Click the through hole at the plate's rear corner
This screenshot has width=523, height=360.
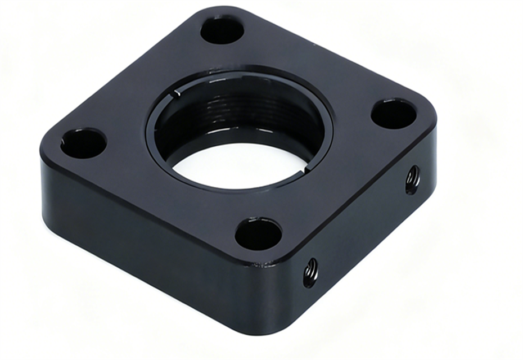pyautogui.click(x=222, y=30)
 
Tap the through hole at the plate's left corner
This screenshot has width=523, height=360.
pyautogui.click(x=83, y=143)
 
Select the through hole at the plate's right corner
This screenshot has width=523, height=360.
pyautogui.click(x=394, y=114)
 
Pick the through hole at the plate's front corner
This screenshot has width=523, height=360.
pyautogui.click(x=258, y=234)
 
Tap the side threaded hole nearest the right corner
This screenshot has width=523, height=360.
pyautogui.click(x=412, y=180)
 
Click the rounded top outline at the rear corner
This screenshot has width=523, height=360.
pyautogui.click(x=222, y=11)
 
